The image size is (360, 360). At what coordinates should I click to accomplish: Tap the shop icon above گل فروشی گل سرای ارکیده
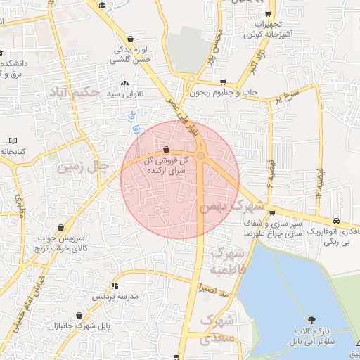166,149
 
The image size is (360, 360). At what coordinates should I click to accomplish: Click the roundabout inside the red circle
200,155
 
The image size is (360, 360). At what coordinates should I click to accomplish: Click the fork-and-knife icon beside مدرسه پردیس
114,285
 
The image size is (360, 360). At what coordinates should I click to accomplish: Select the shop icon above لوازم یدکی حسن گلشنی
130,39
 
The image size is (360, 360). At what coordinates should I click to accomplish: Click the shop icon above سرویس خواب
64,227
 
